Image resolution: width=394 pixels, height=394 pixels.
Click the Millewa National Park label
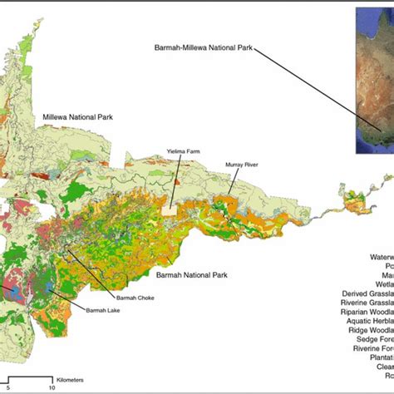point(76,119)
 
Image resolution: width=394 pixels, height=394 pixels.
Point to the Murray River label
point(242,165)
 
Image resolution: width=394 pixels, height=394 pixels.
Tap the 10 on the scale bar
point(52,387)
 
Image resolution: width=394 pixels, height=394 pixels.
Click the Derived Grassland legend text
point(367,293)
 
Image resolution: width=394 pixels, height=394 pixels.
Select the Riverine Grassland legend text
point(367,305)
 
